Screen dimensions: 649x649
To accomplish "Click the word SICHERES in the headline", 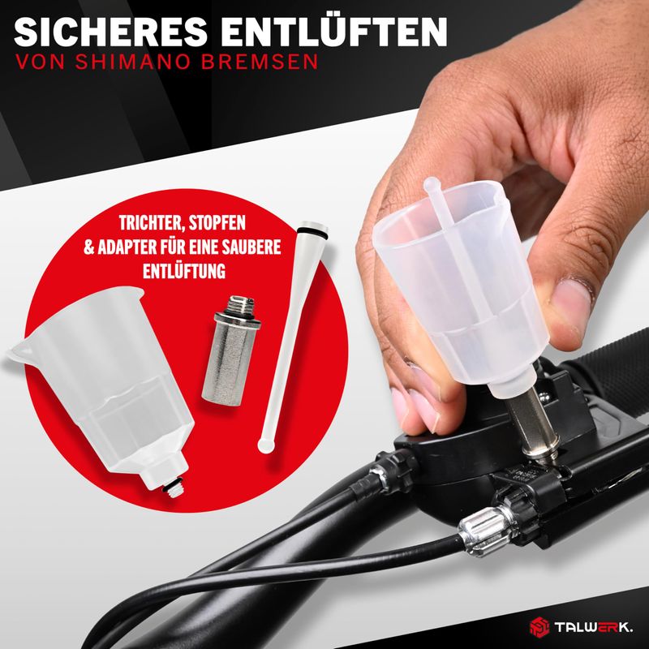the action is pos(110,32).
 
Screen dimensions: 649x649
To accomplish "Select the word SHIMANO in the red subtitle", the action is pos(133,62).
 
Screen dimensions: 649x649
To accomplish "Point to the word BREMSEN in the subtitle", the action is pos(260,62).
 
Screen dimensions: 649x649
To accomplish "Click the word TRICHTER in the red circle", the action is pos(151,224).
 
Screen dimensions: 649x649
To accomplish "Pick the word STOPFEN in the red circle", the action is pos(217,223).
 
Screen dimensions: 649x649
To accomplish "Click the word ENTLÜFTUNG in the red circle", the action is pos(184,271).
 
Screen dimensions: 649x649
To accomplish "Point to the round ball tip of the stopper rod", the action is pos(266,445).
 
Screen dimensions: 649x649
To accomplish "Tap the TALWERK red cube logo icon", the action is pos(539,627).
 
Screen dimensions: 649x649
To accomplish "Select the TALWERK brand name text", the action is pos(594,627).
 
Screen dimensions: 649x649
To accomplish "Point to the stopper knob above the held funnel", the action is pos(432,185).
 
